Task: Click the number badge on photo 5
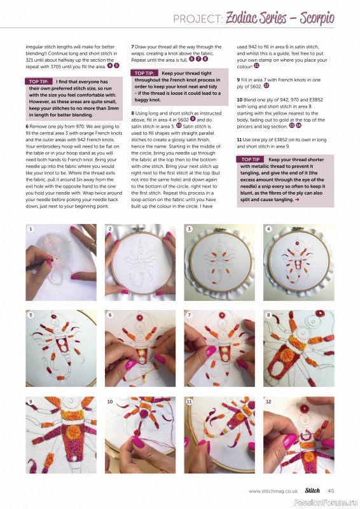[31, 315]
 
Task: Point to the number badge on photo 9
[31, 401]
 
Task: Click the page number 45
[331, 491]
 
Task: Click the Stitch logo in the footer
[312, 491]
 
